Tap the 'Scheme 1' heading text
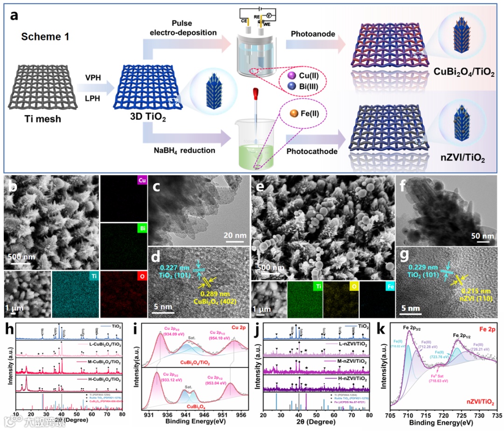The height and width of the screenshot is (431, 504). pos(46,36)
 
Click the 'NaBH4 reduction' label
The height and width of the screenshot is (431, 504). pos(185,150)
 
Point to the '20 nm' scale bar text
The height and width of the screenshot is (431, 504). pos(234,235)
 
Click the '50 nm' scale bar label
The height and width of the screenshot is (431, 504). pos(482,235)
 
